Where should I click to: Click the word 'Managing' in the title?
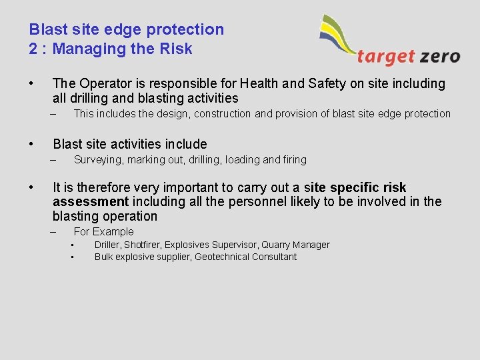[82, 49]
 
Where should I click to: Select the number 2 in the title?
[33, 49]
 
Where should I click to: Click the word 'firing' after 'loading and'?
[295, 160]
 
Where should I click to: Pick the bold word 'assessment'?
[90, 202]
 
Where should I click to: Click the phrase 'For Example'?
[103, 232]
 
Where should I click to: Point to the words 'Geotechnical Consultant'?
[245, 257]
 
